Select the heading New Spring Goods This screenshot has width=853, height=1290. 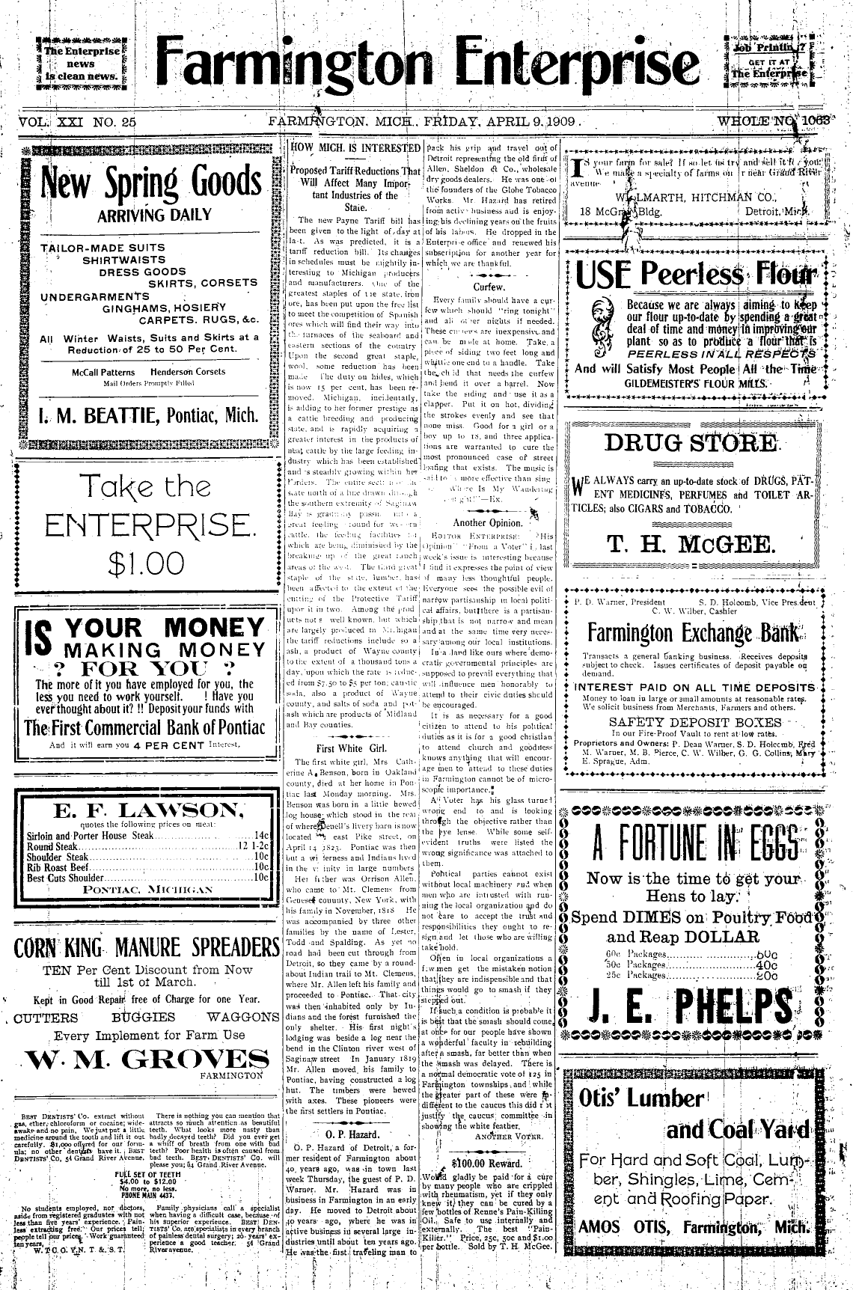[x=148, y=181]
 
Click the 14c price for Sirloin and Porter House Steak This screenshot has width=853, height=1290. [x=261, y=834]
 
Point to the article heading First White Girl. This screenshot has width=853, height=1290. [x=349, y=748]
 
